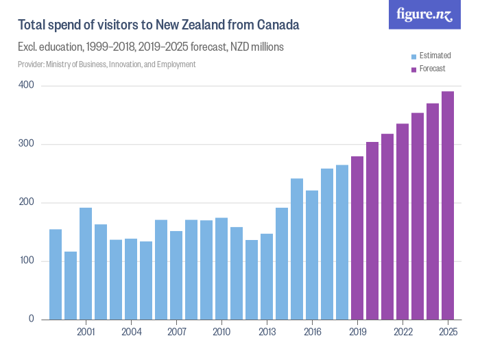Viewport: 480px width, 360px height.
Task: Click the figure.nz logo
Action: [x=424, y=14]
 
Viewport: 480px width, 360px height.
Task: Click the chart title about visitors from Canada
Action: [x=158, y=25]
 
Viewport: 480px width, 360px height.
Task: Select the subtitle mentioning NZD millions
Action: [x=150, y=47]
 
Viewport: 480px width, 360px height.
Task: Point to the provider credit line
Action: [x=106, y=64]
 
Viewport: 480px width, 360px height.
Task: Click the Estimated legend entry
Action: [x=433, y=56]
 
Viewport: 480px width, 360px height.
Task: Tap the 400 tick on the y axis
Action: [x=27, y=86]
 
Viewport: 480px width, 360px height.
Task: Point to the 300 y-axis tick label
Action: [x=27, y=145]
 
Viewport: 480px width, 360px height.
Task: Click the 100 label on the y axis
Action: [x=27, y=261]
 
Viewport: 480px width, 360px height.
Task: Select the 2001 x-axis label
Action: [x=86, y=331]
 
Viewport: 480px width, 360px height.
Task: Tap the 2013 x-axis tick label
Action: [x=267, y=331]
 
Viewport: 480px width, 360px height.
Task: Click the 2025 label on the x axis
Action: [x=448, y=331]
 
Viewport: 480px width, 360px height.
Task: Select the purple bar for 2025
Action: [x=448, y=206]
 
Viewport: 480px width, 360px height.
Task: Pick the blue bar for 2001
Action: [x=86, y=264]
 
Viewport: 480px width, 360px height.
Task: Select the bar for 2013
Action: [x=267, y=277]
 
